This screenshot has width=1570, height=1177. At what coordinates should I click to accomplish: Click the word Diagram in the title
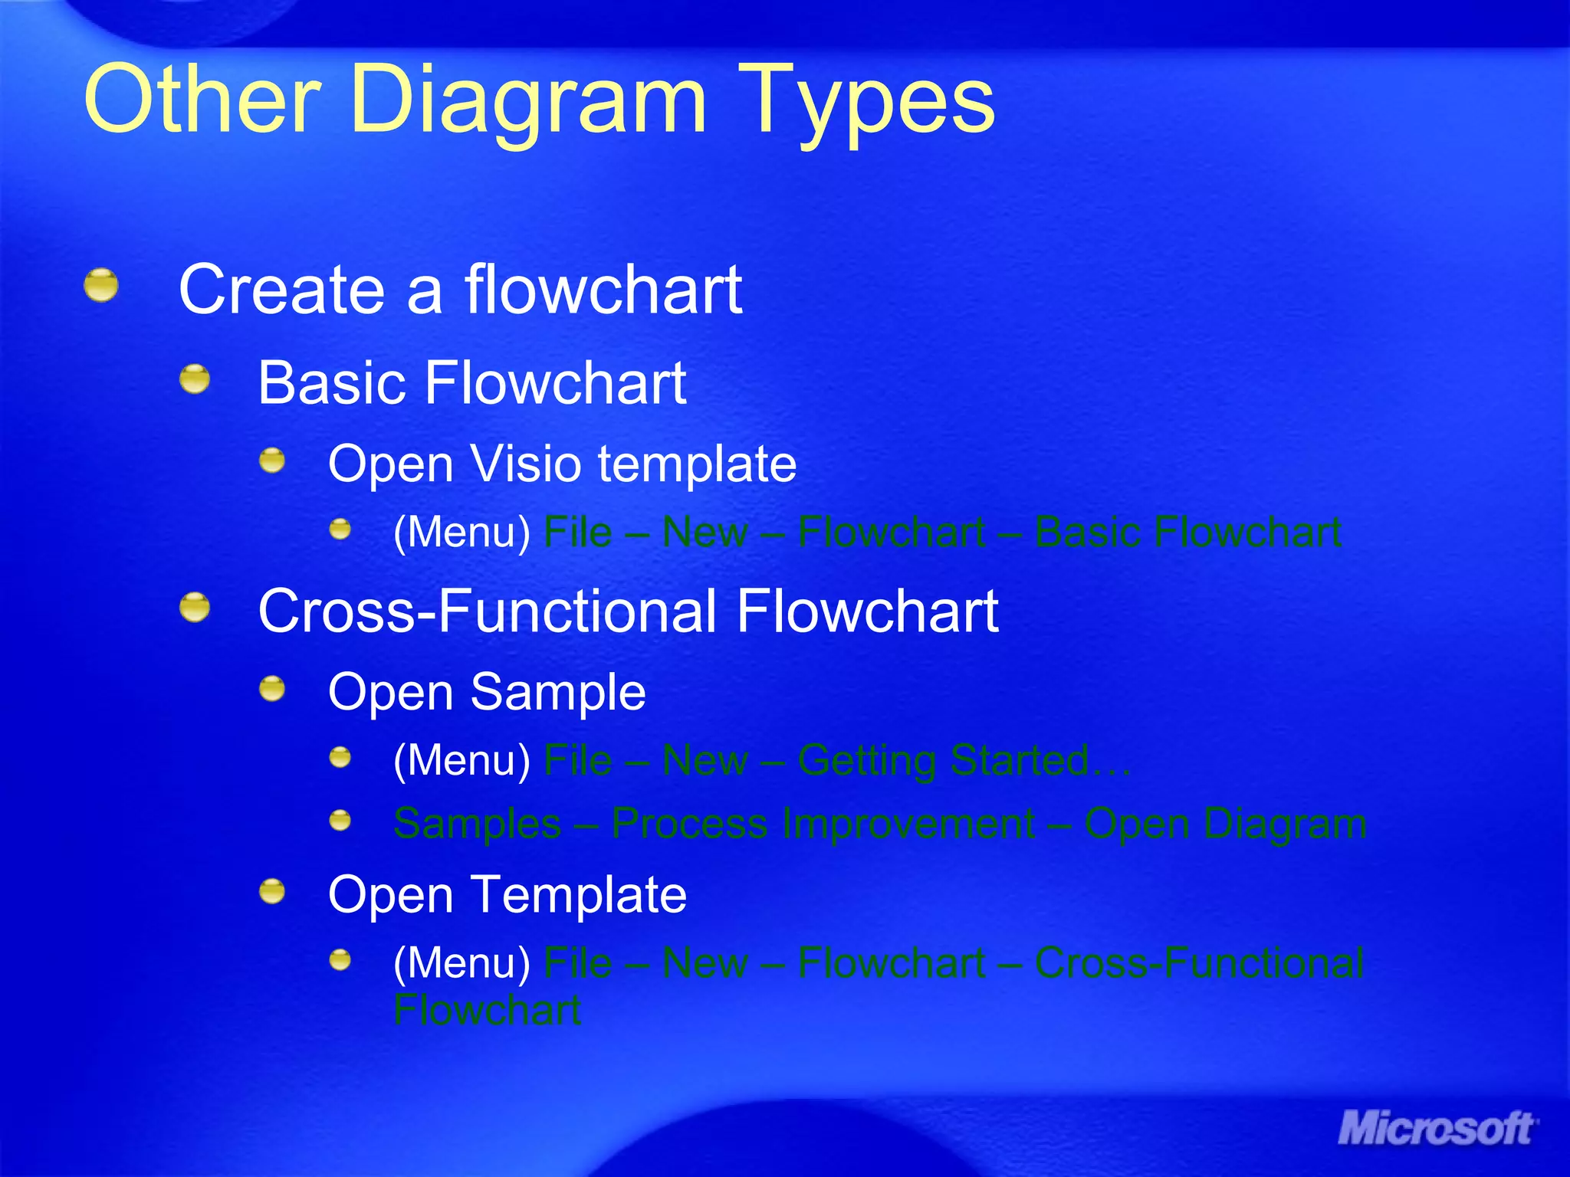527,100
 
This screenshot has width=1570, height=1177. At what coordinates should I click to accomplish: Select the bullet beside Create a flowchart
101,286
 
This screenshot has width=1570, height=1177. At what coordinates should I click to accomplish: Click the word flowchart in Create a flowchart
603,289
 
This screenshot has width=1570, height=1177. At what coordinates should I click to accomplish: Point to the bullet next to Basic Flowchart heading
195,379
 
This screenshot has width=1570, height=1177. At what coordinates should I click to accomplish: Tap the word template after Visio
697,464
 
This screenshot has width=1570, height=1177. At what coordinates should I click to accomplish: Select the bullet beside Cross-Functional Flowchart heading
195,608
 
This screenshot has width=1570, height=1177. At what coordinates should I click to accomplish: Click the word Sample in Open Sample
557,691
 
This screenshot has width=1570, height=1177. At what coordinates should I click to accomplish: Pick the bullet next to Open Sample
272,688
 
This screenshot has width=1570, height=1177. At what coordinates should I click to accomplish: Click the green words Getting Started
943,761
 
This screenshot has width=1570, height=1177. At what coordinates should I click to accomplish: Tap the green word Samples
477,824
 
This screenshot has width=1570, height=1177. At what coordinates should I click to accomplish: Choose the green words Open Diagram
1225,824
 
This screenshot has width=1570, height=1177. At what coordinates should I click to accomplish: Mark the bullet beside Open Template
272,891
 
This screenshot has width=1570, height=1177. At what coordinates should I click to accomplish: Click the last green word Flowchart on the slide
487,1010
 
